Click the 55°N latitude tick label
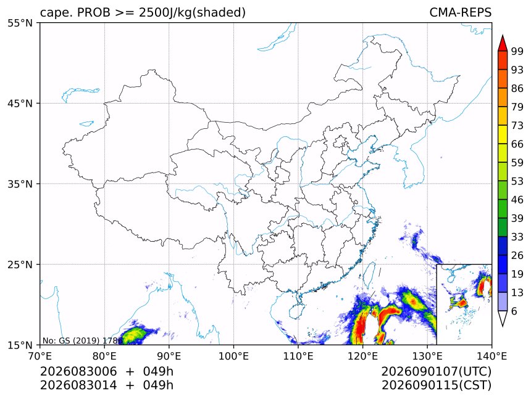pyautogui.click(x=20, y=23)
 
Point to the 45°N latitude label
pyautogui.click(x=20, y=104)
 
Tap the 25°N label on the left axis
pyautogui.click(x=20, y=265)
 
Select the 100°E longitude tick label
pyautogui.click(x=233, y=356)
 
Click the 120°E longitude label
pyautogui.click(x=362, y=356)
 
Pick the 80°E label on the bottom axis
pyautogui.click(x=104, y=356)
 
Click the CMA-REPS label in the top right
pyautogui.click(x=460, y=12)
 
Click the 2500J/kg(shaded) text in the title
pyautogui.click(x=193, y=13)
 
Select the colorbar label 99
pyautogui.click(x=517, y=51)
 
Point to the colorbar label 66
pyautogui.click(x=517, y=144)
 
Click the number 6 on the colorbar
pyautogui.click(x=514, y=311)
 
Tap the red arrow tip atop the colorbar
pyautogui.click(x=503, y=35)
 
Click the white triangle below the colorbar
pyautogui.click(x=503, y=319)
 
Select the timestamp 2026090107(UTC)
pyautogui.click(x=436, y=372)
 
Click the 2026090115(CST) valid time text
pyautogui.click(x=436, y=385)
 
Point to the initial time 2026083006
pyautogui.click(x=78, y=372)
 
